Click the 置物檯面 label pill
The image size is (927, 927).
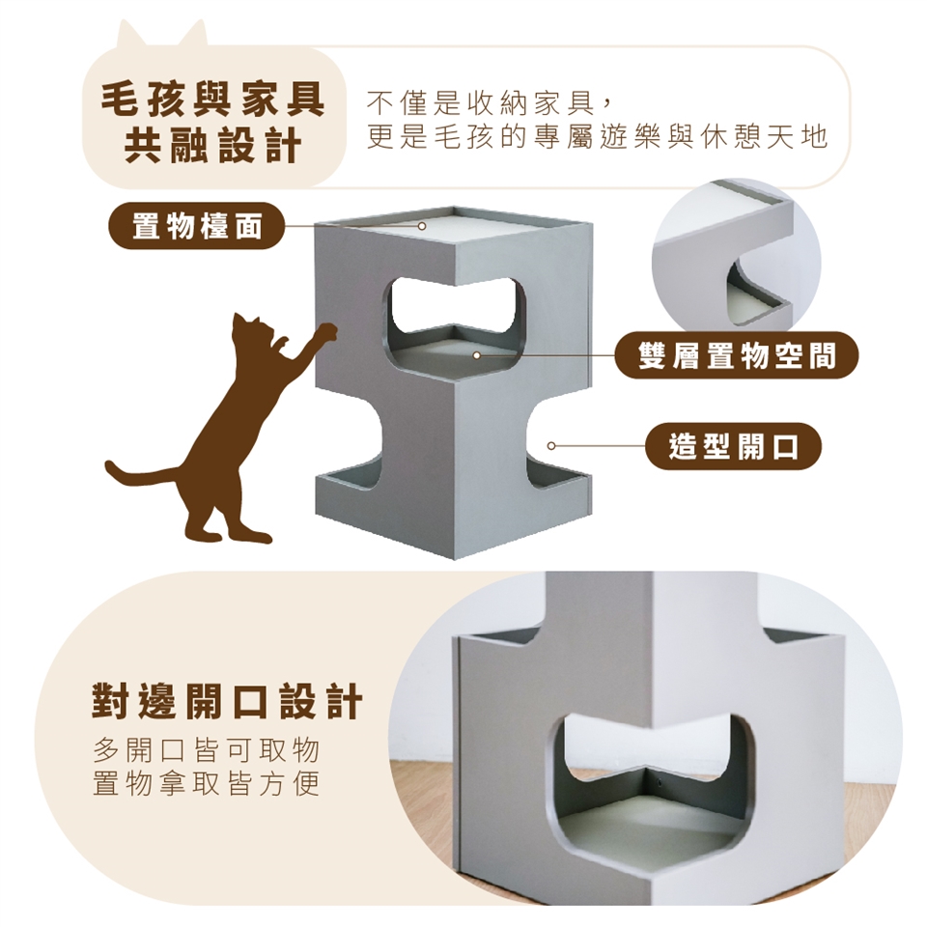click(x=196, y=226)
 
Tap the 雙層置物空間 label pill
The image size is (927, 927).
click(x=736, y=356)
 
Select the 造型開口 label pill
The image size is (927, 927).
click(x=733, y=446)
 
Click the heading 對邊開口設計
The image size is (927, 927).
click(x=227, y=702)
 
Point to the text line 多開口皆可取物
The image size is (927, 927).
click(x=207, y=751)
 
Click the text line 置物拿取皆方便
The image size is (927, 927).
click(x=207, y=783)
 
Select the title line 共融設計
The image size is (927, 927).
click(x=212, y=146)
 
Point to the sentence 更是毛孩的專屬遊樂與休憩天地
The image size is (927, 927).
click(x=597, y=137)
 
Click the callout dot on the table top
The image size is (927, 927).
click(x=422, y=226)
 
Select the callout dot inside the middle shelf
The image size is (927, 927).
click(x=476, y=355)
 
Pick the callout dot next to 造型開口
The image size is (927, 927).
click(x=551, y=446)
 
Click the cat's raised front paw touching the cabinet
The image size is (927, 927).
click(x=327, y=332)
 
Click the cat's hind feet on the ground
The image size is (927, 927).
click(x=231, y=534)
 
